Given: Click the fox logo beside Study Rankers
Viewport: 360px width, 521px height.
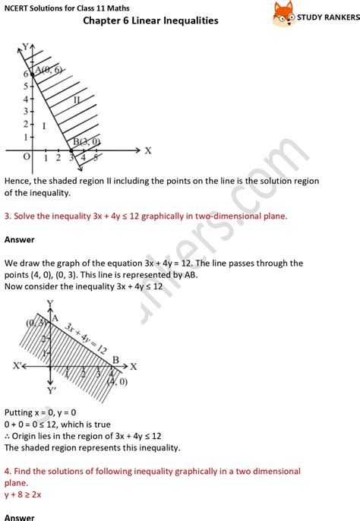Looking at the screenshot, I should coord(283,11).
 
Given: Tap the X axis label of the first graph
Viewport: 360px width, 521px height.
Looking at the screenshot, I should coord(148,150).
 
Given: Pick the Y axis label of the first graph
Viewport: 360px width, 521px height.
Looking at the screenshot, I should coord(25,47).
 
